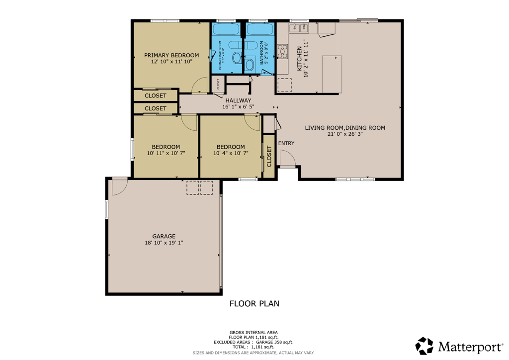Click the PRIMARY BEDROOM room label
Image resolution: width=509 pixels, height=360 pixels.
171,55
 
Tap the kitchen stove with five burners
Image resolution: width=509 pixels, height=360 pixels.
282,51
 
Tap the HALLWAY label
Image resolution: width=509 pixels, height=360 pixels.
238,100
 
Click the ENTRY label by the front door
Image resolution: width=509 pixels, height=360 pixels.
286,143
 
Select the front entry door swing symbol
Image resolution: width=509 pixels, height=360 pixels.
287,159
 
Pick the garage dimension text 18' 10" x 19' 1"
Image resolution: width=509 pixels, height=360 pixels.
164,243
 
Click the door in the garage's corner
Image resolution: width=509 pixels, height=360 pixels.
119,185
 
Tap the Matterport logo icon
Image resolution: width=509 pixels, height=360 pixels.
424,346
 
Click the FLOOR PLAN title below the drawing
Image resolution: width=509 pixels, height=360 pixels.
254,303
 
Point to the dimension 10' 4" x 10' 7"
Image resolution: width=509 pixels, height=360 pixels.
231,154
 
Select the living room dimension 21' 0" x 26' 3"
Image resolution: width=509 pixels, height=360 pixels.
345,134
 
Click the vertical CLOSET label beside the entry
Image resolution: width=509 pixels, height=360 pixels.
269,156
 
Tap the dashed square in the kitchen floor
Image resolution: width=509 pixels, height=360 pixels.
284,85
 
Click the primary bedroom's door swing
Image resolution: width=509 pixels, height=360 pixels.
199,86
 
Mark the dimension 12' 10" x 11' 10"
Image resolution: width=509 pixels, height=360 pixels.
171,62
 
